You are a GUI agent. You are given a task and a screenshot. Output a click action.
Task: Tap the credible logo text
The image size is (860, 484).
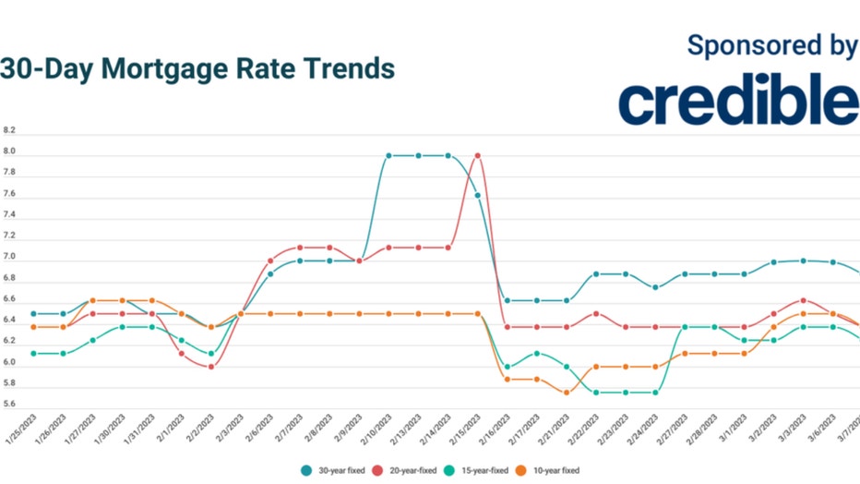pyautogui.click(x=738, y=102)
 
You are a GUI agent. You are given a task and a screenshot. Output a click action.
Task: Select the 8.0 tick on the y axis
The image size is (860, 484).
pyautogui.click(x=9, y=152)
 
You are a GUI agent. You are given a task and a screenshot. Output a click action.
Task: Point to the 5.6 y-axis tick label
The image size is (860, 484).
pyautogui.click(x=9, y=405)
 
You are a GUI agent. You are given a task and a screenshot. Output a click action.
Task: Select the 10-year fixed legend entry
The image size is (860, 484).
pyautogui.click(x=551, y=470)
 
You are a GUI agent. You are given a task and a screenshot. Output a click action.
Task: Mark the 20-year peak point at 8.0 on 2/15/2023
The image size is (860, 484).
pyautogui.click(x=478, y=155)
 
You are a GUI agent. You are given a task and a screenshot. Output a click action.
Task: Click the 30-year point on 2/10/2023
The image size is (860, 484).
pyautogui.click(x=388, y=155)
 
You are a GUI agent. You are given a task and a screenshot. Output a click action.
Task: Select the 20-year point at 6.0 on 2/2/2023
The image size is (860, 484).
pyautogui.click(x=211, y=367)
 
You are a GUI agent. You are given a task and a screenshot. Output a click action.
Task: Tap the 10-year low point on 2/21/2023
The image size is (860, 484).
pyautogui.click(x=567, y=393)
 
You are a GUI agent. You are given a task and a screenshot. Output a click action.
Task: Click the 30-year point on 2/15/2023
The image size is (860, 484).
pyautogui.click(x=478, y=195)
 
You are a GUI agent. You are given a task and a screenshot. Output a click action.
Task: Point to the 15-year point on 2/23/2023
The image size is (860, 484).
pyautogui.click(x=626, y=393)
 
